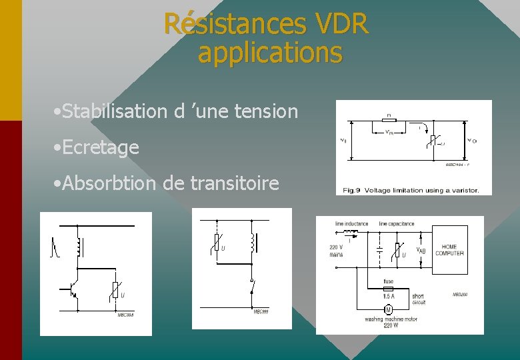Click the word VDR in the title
tap(339, 24)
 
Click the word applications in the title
tap(270, 53)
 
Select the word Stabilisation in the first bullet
tap(115, 111)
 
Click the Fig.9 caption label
tap(353, 190)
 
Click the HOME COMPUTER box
tap(449, 250)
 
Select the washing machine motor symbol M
tap(387, 310)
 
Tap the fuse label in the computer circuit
tap(388, 281)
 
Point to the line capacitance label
tap(397, 224)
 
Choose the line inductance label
tap(351, 224)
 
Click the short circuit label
tap(418, 299)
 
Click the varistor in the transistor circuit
tap(115, 289)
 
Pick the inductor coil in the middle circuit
tap(253, 244)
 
